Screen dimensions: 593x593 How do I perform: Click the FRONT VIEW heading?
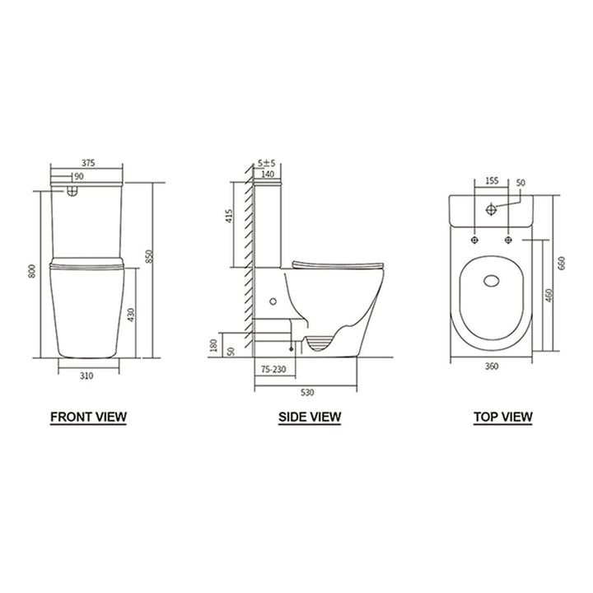[x=88, y=416]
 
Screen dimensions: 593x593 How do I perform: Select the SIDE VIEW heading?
[x=309, y=417]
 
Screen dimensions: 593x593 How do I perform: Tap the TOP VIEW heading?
[x=502, y=417]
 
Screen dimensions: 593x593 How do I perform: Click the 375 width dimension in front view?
[x=88, y=163]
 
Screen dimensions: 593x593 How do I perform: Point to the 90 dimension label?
[x=78, y=176]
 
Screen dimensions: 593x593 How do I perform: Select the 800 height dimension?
[x=31, y=272]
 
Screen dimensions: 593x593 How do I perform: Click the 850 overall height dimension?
[x=149, y=257]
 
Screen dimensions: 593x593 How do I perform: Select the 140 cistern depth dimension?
[x=268, y=175]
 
